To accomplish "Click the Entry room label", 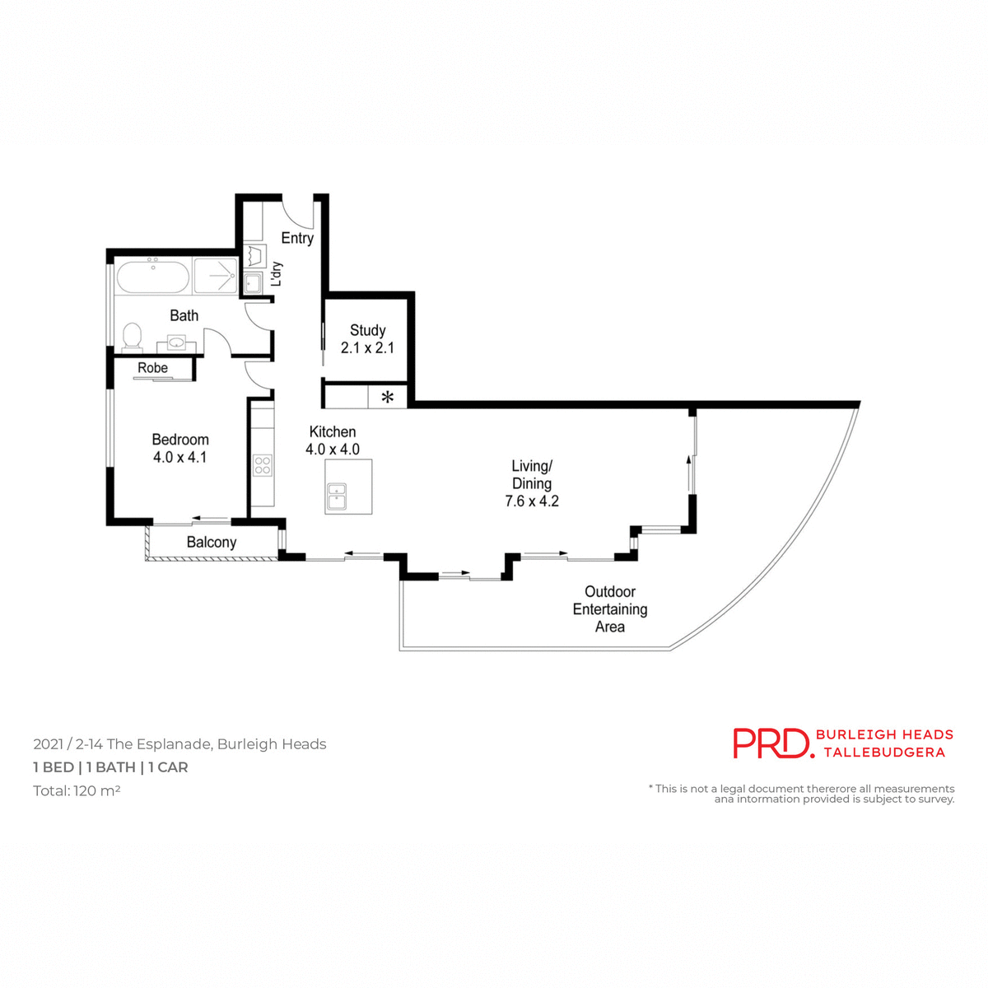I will [x=297, y=238].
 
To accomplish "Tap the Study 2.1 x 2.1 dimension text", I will [x=367, y=348].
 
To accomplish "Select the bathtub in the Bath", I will [x=153, y=277].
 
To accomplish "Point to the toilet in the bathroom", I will [x=132, y=337].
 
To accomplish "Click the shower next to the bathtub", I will [x=216, y=277].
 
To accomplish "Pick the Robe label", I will [x=153, y=368].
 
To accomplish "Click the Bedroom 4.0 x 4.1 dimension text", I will [x=179, y=458].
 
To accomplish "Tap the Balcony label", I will [x=212, y=543].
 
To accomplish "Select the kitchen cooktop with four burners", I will [x=263, y=465].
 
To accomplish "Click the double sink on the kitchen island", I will [x=338, y=497].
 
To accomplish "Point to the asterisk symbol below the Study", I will [x=387, y=398].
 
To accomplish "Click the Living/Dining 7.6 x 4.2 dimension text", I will [x=532, y=501].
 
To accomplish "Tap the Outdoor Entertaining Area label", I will [x=610, y=609].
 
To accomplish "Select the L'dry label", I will [x=277, y=274].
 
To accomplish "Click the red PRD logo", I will [x=772, y=743].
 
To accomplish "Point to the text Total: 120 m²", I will [x=77, y=791].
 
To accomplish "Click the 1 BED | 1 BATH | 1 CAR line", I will [x=110, y=767].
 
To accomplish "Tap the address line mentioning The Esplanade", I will [x=179, y=744].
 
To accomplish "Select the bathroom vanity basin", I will [x=176, y=342].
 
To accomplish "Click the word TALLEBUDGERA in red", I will [x=884, y=753].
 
